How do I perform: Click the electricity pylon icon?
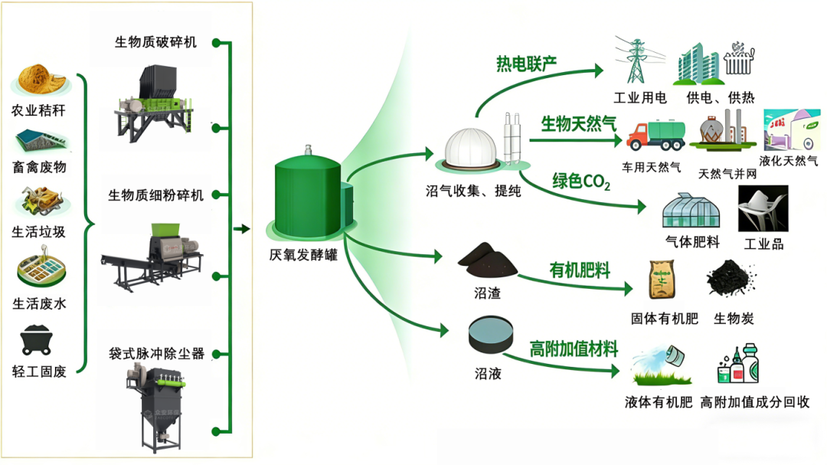[636, 60]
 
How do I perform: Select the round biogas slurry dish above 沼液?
[491, 335]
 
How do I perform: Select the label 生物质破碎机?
[155, 43]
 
